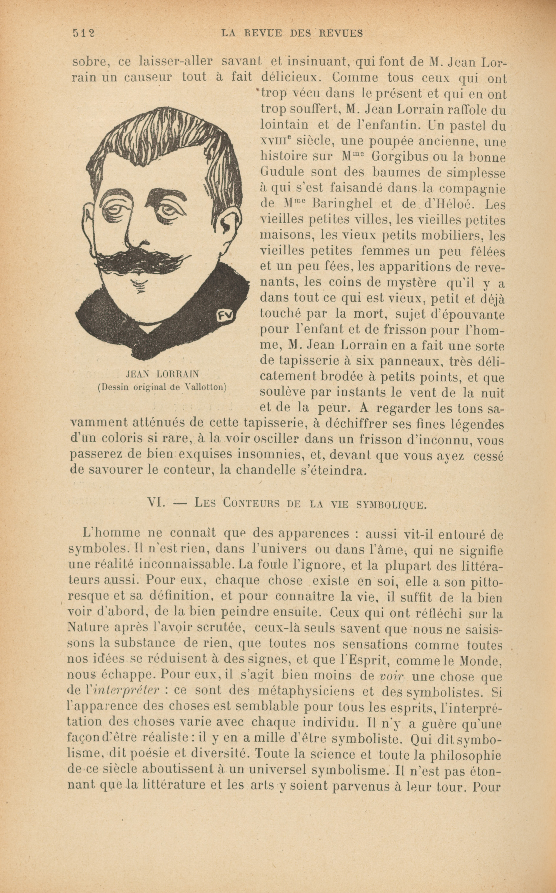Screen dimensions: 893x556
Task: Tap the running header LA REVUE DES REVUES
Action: point(292,33)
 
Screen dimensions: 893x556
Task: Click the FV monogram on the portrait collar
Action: point(227,315)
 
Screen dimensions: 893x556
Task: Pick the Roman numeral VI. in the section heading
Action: point(155,502)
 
